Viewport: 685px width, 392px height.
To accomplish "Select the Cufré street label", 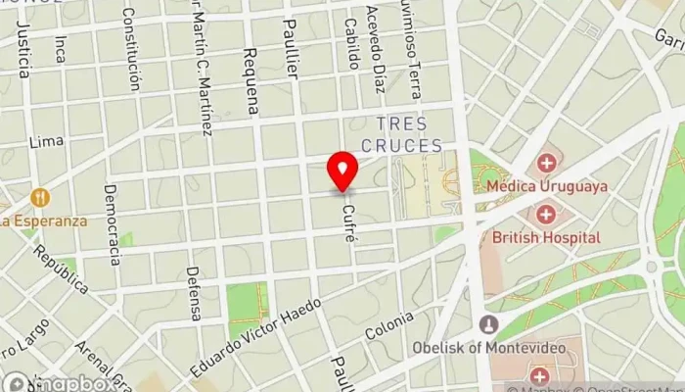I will [x=348, y=218].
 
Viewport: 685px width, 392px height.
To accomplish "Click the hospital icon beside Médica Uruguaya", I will [x=546, y=163].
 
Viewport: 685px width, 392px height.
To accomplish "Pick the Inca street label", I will [x=61, y=49].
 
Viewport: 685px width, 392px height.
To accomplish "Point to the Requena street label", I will [x=251, y=81].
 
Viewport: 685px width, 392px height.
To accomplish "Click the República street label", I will [x=61, y=268].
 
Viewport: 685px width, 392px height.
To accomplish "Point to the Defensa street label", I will [x=194, y=293].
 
